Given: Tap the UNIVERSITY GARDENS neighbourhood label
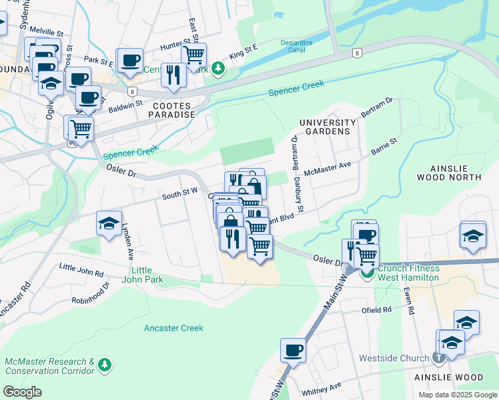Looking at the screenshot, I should click(x=328, y=127).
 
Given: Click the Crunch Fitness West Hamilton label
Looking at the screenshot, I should click(x=408, y=273).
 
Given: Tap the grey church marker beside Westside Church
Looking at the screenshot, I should click(x=438, y=358).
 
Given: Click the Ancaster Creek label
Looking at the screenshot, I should click(x=173, y=328).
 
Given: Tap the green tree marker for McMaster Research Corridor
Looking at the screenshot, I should click(x=104, y=365).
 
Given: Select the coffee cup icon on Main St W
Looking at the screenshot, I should click(x=293, y=350).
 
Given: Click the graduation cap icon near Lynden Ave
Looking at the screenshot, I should click(x=109, y=223).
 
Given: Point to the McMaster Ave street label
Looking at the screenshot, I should click(x=327, y=169).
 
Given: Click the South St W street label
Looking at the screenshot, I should click(x=180, y=192).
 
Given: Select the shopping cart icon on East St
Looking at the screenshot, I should click(x=194, y=55).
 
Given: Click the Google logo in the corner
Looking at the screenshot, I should click(x=23, y=392).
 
